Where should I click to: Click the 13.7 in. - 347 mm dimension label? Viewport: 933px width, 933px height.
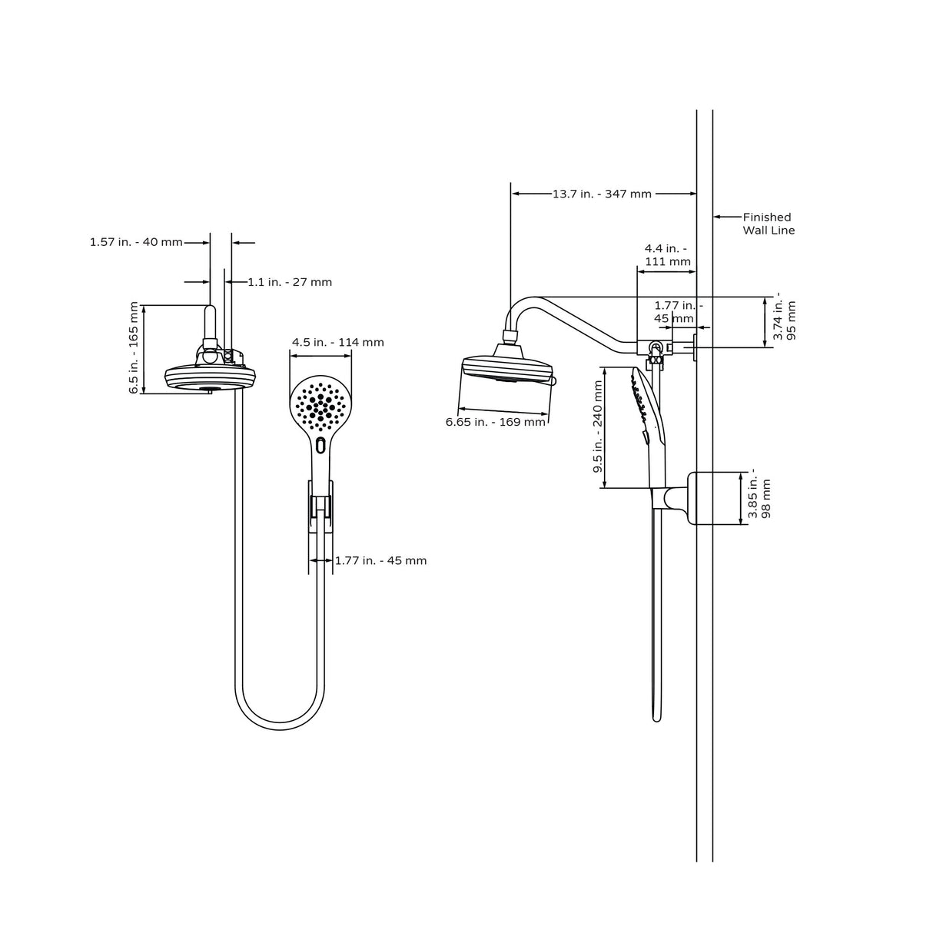tap(602, 194)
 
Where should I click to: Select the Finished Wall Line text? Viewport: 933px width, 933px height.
tap(768, 224)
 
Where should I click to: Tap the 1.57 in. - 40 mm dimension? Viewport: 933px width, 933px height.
tap(136, 242)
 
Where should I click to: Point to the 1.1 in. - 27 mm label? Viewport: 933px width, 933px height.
tap(290, 282)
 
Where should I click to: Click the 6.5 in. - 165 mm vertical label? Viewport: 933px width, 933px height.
tap(135, 348)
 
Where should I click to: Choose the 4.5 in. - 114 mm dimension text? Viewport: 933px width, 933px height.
tap(337, 342)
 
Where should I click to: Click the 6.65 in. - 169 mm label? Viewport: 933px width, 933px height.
tap(495, 421)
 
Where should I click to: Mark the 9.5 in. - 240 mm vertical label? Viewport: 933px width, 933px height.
tap(598, 427)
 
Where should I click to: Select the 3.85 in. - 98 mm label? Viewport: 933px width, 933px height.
tap(759, 498)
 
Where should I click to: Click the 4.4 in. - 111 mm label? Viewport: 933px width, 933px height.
tap(666, 254)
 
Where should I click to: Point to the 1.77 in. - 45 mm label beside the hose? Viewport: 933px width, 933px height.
tap(380, 560)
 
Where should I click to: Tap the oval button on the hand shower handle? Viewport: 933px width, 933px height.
tap(320, 445)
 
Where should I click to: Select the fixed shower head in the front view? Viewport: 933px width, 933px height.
tap(210, 377)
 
